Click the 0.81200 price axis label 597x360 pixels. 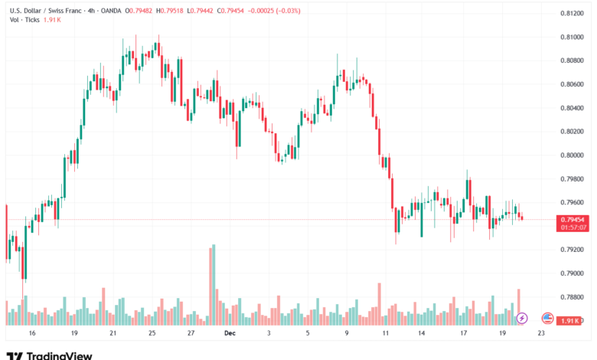(573, 13)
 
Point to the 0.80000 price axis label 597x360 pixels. (573, 155)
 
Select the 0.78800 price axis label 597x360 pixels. (573, 297)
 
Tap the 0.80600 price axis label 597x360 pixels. (573, 84)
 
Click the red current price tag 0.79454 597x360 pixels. (573, 219)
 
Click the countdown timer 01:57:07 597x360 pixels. (573, 227)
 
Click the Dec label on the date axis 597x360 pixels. (230, 334)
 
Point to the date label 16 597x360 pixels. (33, 334)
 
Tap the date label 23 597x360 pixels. (541, 334)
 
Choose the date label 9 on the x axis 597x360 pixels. (347, 334)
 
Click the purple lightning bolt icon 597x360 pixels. (522, 317)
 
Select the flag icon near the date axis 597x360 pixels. (547, 317)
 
